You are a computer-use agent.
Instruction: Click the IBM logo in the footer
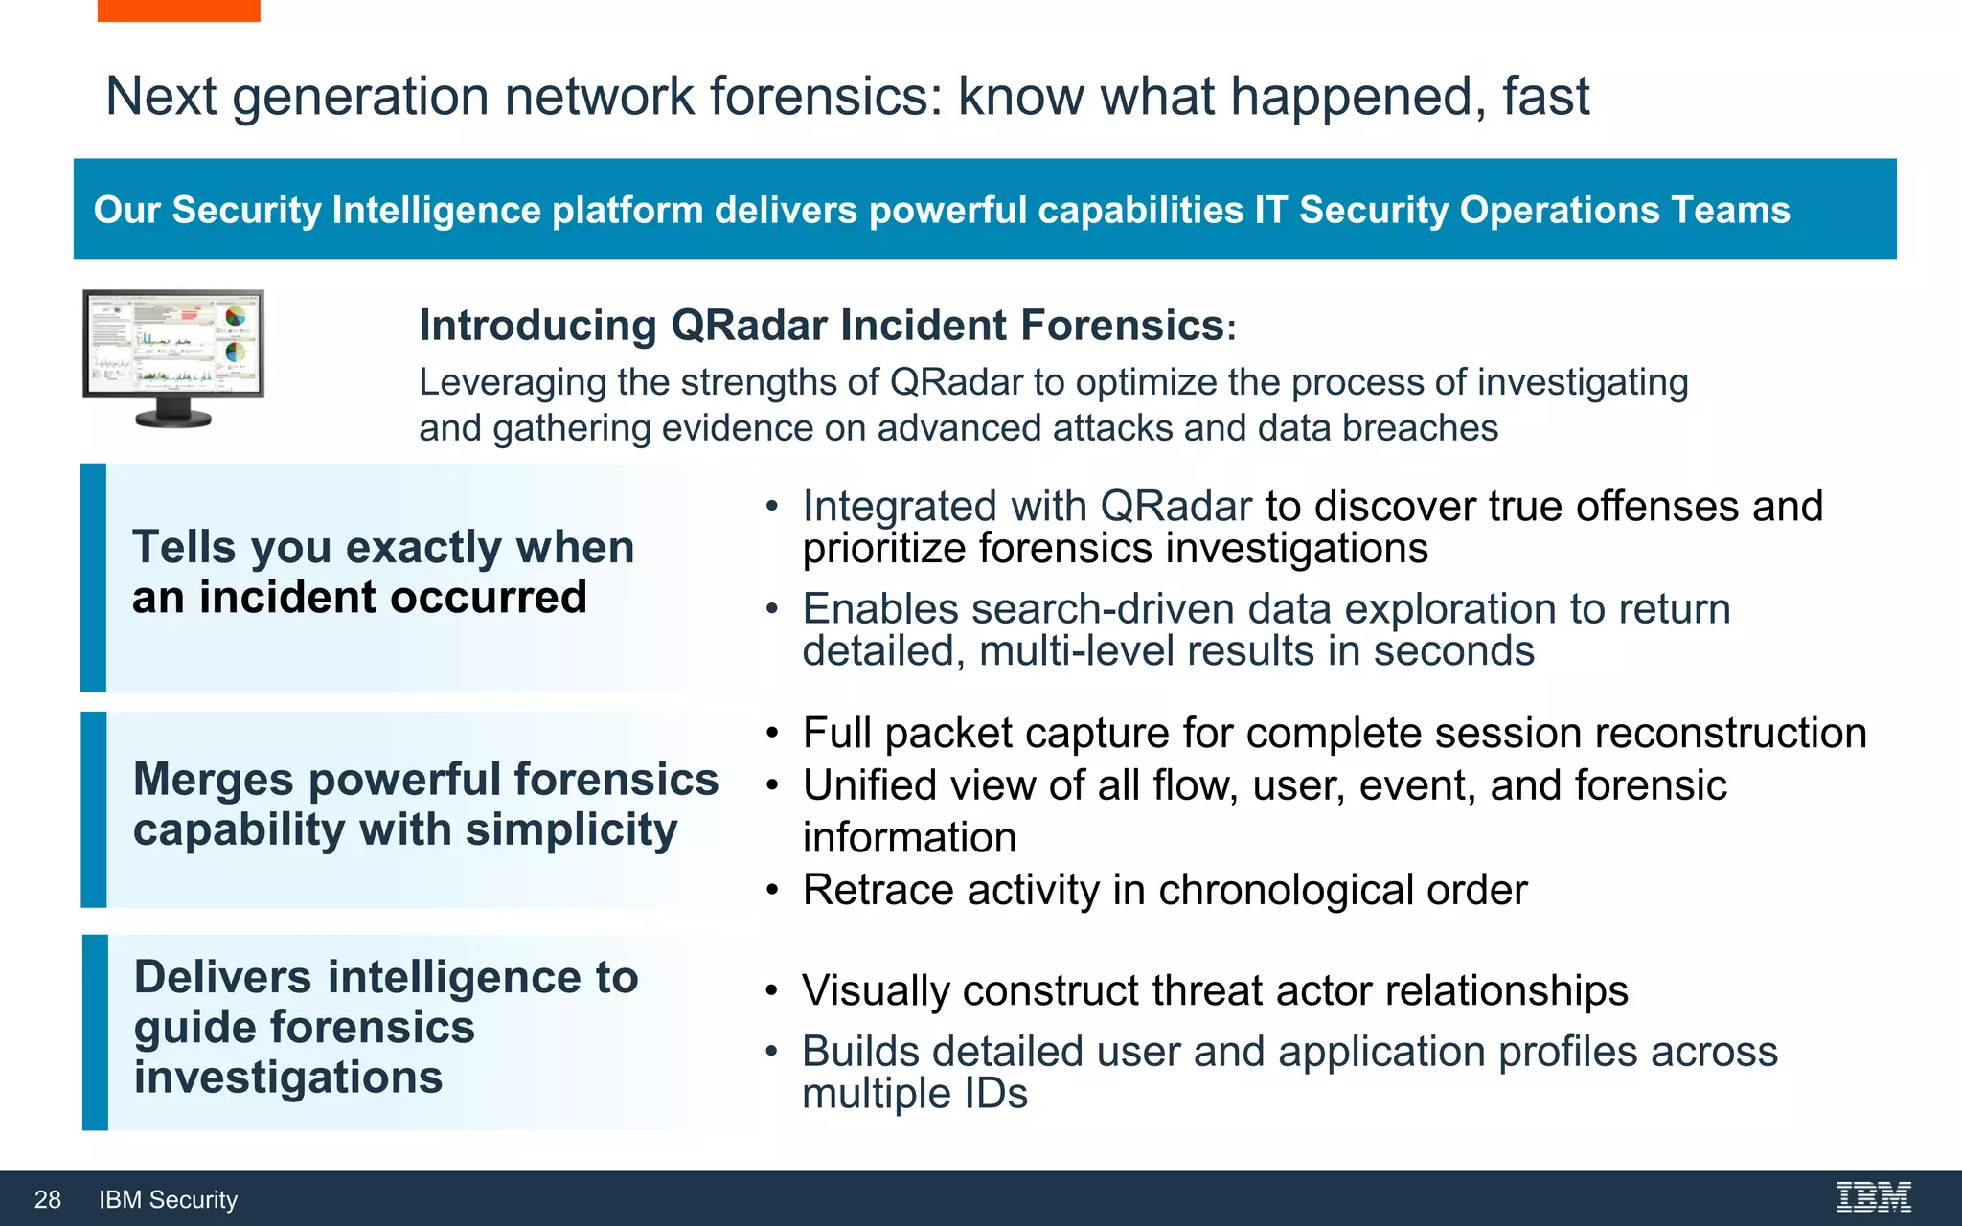(x=1873, y=1197)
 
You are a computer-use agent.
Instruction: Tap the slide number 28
(x=47, y=1199)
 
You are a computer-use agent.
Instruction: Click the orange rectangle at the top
(x=178, y=10)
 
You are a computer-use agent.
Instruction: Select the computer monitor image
(x=173, y=356)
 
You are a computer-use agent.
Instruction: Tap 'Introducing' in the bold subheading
(x=537, y=326)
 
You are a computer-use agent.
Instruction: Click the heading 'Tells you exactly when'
(x=383, y=548)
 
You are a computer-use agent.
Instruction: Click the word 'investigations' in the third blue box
(x=288, y=1078)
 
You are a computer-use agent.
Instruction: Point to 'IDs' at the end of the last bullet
(x=995, y=1094)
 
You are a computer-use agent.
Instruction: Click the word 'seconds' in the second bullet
(x=1453, y=651)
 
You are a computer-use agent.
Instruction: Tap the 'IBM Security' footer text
(x=168, y=1199)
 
